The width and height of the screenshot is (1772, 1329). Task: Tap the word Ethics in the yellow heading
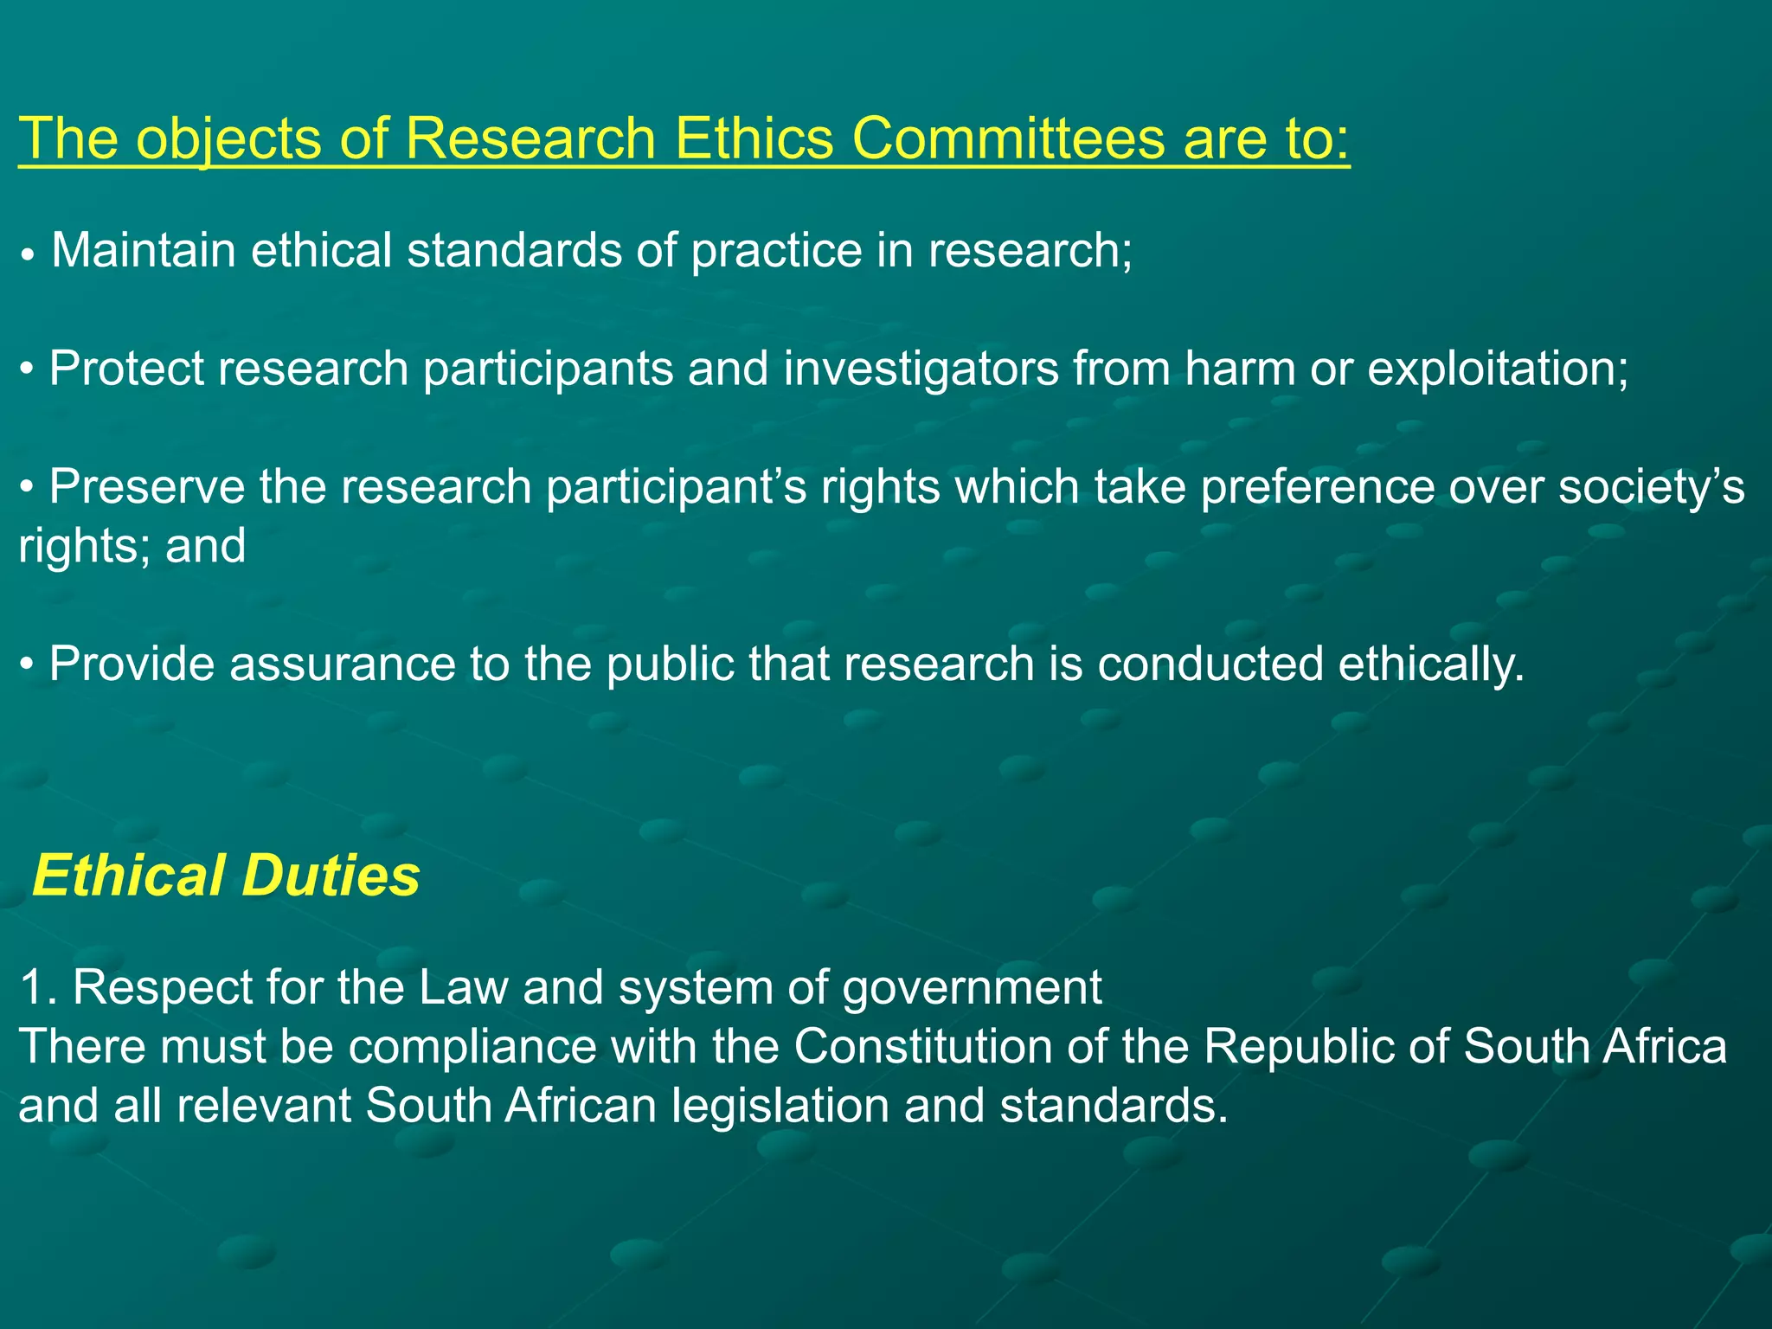(x=753, y=138)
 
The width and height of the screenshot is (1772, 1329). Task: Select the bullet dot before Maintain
(x=29, y=256)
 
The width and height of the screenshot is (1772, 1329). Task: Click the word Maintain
(x=144, y=250)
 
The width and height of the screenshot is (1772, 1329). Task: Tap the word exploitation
(x=1497, y=369)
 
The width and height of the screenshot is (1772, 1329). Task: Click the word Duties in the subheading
(x=331, y=876)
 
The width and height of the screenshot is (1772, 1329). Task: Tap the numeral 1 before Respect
(x=31, y=987)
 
